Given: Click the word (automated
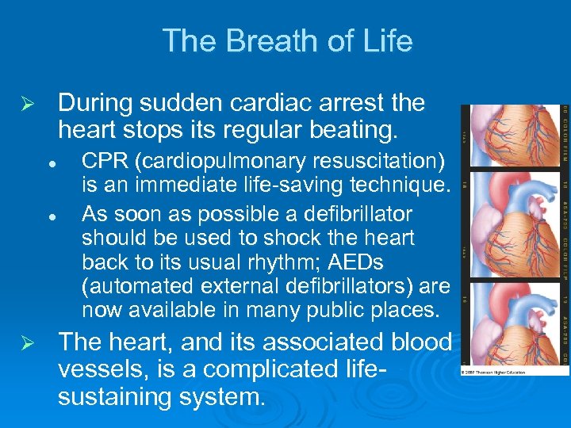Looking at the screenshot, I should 140,285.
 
